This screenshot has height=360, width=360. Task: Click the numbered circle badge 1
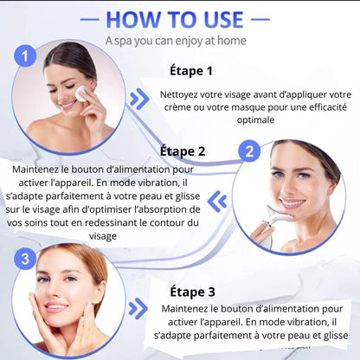click(x=25, y=56)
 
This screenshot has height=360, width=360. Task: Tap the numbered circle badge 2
click(x=249, y=151)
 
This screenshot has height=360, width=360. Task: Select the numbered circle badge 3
click(x=25, y=259)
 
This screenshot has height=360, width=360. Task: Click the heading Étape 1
click(x=191, y=71)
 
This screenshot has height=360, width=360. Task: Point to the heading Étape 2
click(x=183, y=151)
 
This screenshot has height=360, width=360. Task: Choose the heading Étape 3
click(x=193, y=292)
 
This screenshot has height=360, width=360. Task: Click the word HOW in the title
click(x=132, y=20)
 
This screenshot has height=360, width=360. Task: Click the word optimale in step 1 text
click(x=255, y=119)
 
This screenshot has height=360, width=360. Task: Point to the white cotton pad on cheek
click(x=80, y=93)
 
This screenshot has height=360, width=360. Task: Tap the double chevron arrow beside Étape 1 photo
click(x=139, y=99)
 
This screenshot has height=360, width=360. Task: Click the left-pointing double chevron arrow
click(x=217, y=202)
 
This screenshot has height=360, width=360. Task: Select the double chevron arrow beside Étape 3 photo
click(x=138, y=309)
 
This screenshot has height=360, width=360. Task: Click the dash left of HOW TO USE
click(x=89, y=20)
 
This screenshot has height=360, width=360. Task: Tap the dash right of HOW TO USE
click(x=260, y=20)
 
